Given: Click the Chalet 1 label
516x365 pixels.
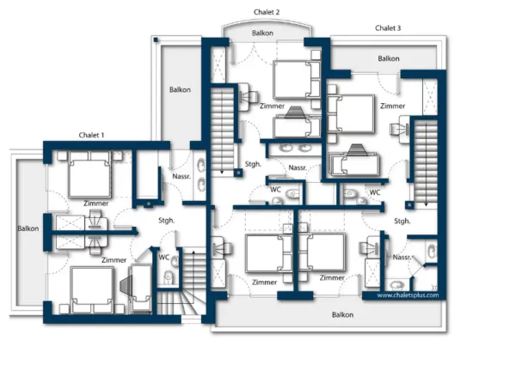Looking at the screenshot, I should click(x=91, y=135).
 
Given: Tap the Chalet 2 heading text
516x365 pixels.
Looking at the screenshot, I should click(x=267, y=13).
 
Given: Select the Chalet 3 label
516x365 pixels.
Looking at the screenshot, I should click(x=388, y=28).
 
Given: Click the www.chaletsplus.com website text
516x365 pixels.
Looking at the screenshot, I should click(x=408, y=295).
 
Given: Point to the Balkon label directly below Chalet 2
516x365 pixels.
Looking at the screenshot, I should click(x=263, y=33).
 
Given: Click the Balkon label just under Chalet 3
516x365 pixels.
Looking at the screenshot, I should click(x=388, y=58).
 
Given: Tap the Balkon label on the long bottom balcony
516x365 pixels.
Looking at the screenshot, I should click(x=343, y=315).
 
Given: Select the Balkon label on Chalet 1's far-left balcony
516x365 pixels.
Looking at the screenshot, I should click(x=28, y=228).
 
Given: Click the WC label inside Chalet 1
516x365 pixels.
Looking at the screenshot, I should click(x=163, y=256).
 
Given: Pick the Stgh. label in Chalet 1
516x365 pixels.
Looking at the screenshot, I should click(x=167, y=221).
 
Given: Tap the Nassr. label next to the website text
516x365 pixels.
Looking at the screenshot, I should click(x=402, y=257).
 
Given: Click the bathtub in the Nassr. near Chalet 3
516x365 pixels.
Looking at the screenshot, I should click(x=353, y=163).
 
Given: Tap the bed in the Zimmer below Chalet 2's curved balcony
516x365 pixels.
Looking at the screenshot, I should click(x=297, y=80).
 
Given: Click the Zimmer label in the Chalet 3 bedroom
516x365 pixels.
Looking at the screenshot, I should click(x=392, y=106).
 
